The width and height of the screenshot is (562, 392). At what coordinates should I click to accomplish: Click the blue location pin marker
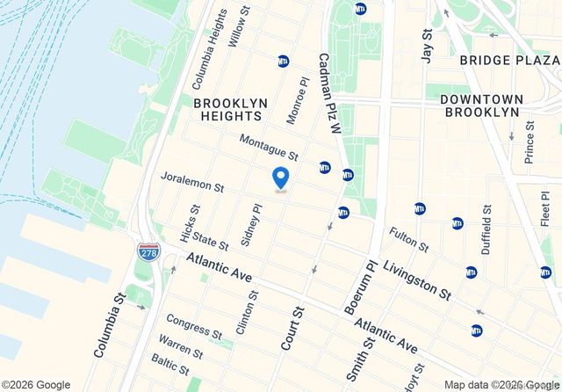(x=281, y=177)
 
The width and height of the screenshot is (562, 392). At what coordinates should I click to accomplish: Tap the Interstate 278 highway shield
(x=148, y=252)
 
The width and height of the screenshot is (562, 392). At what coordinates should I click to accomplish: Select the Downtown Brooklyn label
(x=480, y=105)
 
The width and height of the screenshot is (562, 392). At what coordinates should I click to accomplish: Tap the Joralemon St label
(x=192, y=182)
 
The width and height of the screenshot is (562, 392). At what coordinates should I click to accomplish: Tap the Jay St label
(x=427, y=45)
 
